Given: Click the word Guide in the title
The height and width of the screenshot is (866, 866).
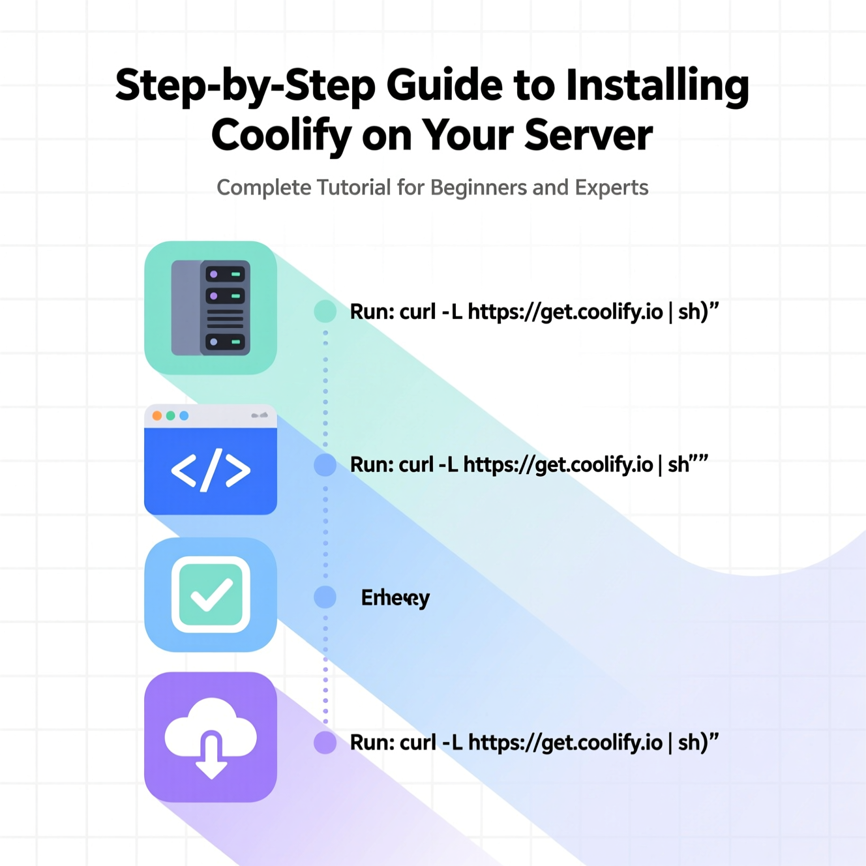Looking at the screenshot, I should coord(445,85).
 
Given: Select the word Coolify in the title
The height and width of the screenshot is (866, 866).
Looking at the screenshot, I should coord(281,135).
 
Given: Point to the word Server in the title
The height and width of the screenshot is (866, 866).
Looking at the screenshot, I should coord(588,135).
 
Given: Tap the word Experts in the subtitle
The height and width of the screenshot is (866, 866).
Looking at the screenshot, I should coord(612,188).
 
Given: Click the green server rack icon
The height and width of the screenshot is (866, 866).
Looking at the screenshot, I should coord(211,308).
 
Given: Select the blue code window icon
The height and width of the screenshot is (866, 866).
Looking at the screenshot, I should coord(211,460).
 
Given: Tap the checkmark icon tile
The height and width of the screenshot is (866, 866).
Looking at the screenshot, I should coord(211,594).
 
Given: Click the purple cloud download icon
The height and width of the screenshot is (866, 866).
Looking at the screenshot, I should coord(211,737).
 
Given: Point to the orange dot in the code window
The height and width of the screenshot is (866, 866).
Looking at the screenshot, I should coord(157,416).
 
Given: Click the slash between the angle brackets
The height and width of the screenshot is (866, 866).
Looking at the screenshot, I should coord(211,470).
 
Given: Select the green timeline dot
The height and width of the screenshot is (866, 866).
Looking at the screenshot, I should coord(325,312).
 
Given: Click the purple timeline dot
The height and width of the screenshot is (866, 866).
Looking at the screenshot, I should coord(325,742).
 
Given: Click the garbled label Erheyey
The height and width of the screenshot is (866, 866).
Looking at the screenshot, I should coord(395,597).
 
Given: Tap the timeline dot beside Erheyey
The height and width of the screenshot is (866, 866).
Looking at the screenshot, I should coord(325,597).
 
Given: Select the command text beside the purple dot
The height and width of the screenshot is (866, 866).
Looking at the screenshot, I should coord(533,742).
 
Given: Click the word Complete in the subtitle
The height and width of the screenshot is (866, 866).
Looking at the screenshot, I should coord(264,188).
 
